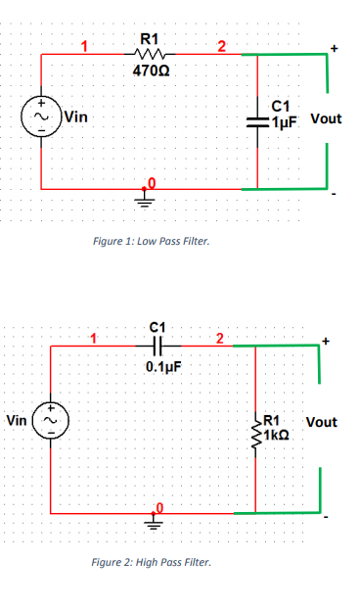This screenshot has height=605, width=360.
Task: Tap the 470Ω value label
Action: (150, 70)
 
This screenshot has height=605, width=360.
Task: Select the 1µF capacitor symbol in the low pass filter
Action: (257, 120)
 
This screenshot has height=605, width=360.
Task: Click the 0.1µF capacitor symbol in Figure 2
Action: (159, 345)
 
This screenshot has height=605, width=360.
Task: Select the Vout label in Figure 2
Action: (321, 422)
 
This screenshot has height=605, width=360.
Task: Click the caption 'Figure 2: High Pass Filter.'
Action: (150, 563)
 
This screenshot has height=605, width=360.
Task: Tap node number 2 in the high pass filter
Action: (220, 339)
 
